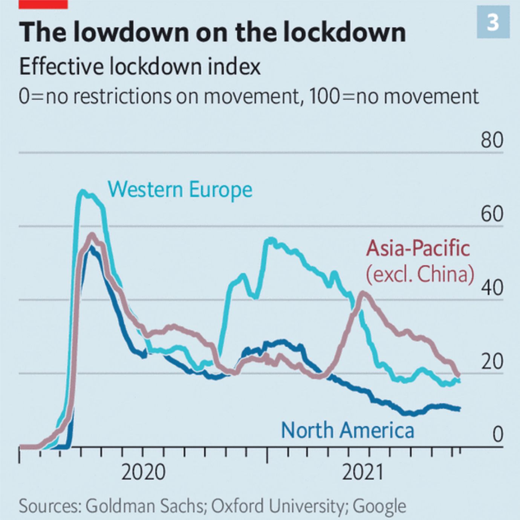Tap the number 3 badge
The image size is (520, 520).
click(x=493, y=22)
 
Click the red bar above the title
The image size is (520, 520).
click(x=43, y=4)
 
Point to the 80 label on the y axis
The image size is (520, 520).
click(x=492, y=140)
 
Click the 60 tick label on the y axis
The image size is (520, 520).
click(x=492, y=214)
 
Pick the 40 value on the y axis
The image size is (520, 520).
click(x=492, y=288)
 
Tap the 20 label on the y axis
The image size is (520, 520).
click(x=492, y=361)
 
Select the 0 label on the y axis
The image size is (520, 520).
click(x=497, y=435)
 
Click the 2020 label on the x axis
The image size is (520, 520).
click(x=143, y=472)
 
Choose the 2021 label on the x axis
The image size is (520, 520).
click(x=362, y=472)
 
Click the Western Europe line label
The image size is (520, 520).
click(x=180, y=189)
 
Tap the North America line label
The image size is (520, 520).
click(x=347, y=430)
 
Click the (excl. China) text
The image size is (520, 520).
click(x=420, y=274)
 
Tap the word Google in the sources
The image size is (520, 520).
click(x=379, y=506)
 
